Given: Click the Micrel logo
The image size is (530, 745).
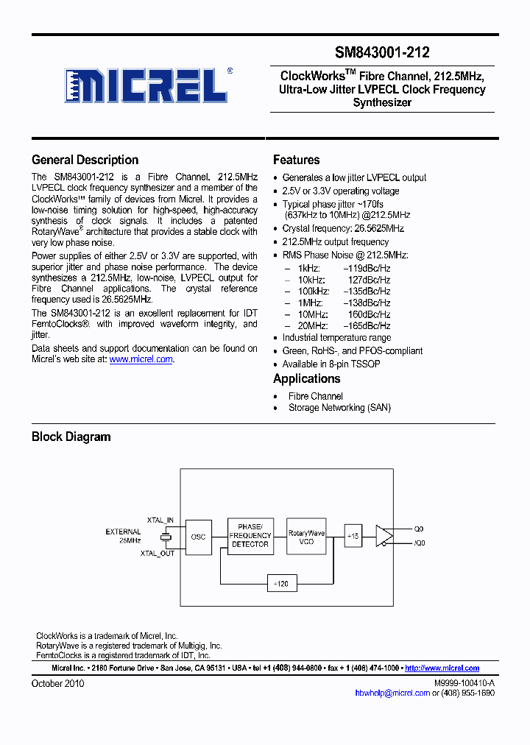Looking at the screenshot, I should (144, 86).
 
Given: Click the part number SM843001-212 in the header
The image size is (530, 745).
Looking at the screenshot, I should (382, 53).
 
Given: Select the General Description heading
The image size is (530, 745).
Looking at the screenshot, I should (85, 160).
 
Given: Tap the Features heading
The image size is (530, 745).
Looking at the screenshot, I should (296, 160).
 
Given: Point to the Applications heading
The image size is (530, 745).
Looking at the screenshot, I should (306, 378).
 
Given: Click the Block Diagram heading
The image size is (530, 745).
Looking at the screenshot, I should (71, 437).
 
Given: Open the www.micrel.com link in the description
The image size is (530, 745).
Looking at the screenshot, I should (141, 359).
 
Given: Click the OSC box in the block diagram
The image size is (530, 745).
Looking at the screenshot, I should (198, 537).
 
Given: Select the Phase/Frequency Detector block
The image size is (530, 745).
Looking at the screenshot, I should (250, 535).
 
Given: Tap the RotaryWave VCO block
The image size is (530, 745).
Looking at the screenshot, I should (306, 536).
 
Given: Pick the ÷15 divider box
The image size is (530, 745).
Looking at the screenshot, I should (352, 537).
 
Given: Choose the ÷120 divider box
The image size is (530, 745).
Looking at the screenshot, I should (280, 582).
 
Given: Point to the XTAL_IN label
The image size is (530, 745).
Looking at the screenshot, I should (160, 520).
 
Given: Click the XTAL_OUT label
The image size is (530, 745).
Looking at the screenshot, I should (158, 553).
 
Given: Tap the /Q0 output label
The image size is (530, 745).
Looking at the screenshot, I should (419, 543).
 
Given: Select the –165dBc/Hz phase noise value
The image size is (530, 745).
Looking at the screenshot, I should (367, 325).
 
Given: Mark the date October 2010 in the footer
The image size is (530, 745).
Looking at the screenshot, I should (57, 683).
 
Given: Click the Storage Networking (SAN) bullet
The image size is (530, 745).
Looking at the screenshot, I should (339, 408).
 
